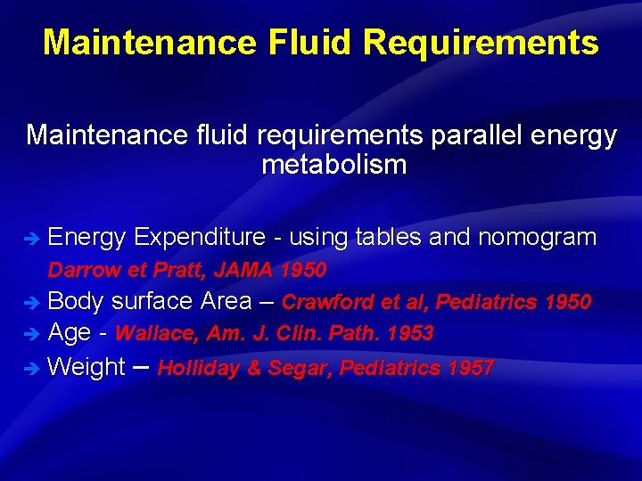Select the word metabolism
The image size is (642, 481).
click(x=333, y=165)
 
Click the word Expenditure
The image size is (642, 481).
click(x=201, y=237)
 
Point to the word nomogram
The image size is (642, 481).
click(x=537, y=237)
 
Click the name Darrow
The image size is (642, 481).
click(x=79, y=269)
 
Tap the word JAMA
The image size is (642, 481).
click(x=243, y=269)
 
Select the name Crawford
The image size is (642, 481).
click(x=327, y=302)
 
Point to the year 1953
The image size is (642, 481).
click(x=409, y=334)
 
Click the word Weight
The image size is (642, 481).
click(x=86, y=366)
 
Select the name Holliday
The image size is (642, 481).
click(x=197, y=367)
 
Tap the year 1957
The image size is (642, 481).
click(x=471, y=367)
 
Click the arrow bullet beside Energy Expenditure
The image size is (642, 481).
click(x=32, y=239)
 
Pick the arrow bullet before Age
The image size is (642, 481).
click(x=32, y=335)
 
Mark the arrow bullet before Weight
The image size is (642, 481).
click(x=32, y=368)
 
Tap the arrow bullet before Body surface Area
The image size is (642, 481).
click(x=32, y=303)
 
